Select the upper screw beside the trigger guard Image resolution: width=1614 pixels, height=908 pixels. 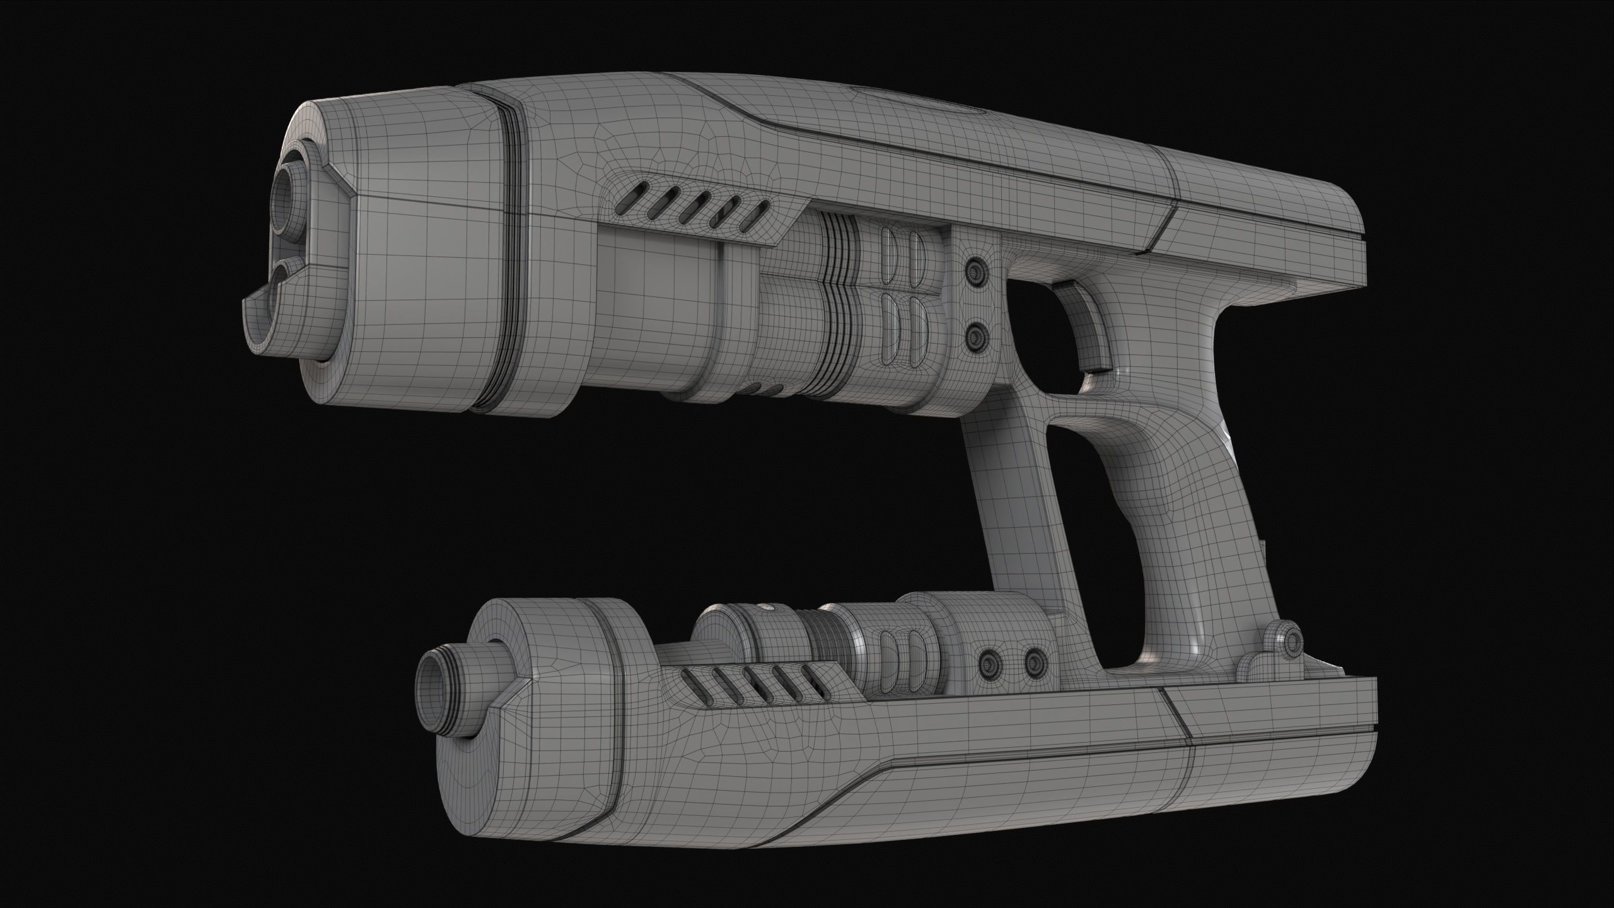point(976,269)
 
